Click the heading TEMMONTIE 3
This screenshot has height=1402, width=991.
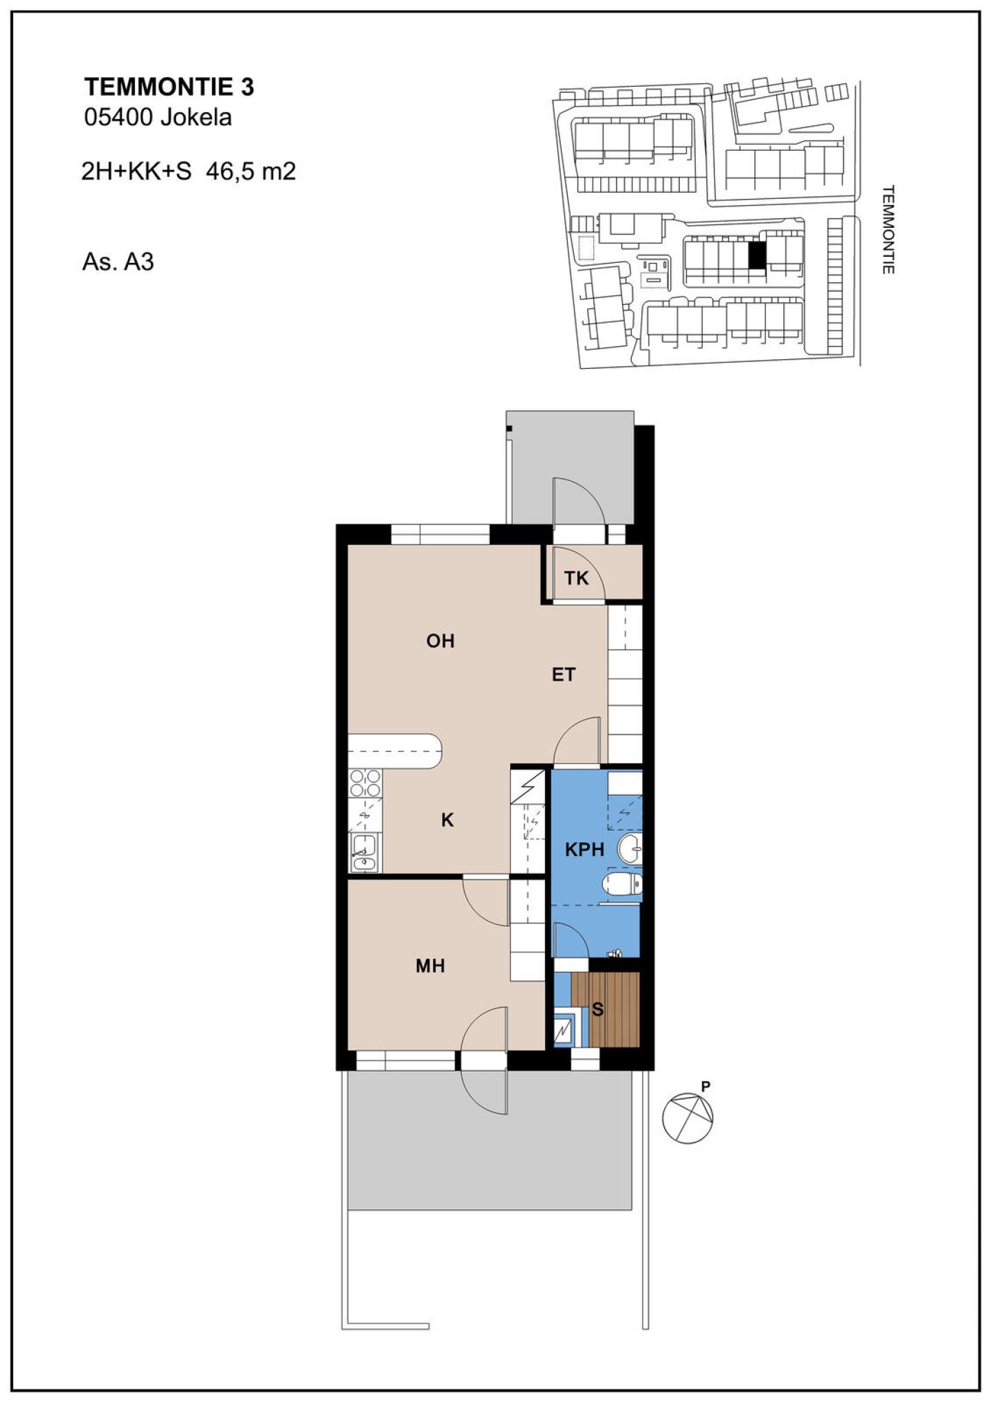click(x=169, y=87)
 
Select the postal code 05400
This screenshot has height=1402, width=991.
click(x=118, y=118)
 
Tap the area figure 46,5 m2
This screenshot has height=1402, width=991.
click(x=251, y=171)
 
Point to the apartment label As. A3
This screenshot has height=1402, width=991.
click(x=118, y=262)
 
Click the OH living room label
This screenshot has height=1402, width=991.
click(x=440, y=641)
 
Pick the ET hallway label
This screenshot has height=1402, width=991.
click(x=564, y=675)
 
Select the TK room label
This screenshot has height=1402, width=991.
click(x=577, y=578)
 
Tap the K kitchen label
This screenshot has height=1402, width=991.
click(x=447, y=820)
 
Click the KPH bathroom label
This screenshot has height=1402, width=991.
click(x=585, y=849)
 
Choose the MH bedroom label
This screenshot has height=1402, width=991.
click(x=430, y=966)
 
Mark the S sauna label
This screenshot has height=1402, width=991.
click(x=598, y=1010)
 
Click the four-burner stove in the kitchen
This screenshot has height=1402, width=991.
click(x=365, y=783)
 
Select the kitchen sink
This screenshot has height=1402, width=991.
click(x=363, y=853)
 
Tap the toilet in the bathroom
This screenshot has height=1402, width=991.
click(x=622, y=885)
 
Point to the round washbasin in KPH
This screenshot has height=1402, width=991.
click(x=630, y=849)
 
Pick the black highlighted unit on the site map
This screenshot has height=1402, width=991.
click(x=757, y=256)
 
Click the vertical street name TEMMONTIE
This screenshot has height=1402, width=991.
click(x=888, y=229)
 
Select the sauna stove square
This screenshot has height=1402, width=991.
click(x=564, y=1030)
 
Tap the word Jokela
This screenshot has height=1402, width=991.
click(x=196, y=118)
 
